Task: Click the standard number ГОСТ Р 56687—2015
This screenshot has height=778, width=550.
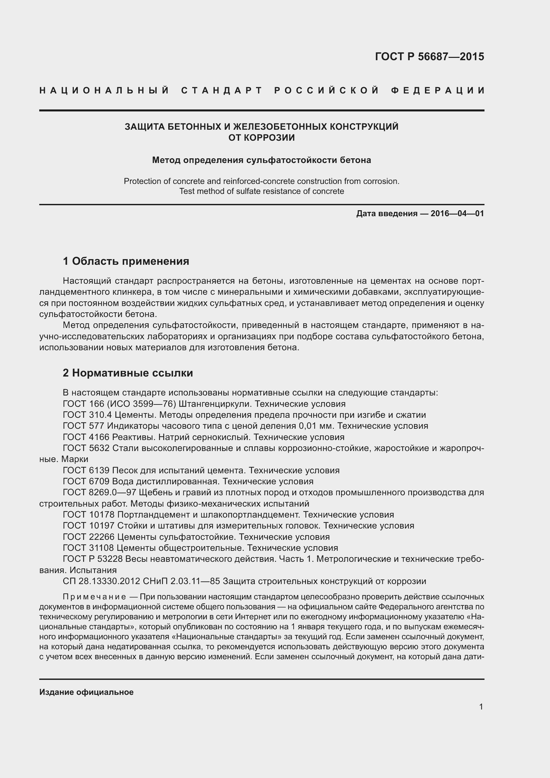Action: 429,57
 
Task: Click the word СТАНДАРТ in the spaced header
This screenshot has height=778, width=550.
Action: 222,90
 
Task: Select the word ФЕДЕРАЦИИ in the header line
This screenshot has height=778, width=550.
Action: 438,90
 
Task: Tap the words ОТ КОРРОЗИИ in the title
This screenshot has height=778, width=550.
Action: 261,138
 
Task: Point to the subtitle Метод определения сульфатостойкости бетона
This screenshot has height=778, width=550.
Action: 261,160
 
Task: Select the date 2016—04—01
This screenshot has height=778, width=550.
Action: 457,214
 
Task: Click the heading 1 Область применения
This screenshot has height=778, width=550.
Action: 126,261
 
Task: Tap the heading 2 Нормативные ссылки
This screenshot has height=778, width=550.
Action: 128,373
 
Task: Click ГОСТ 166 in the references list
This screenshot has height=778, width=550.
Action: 79,404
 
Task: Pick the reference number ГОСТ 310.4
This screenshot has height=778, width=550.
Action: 87,415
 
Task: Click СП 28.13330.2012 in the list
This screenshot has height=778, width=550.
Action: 101,581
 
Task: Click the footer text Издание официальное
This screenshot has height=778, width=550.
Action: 86,692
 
